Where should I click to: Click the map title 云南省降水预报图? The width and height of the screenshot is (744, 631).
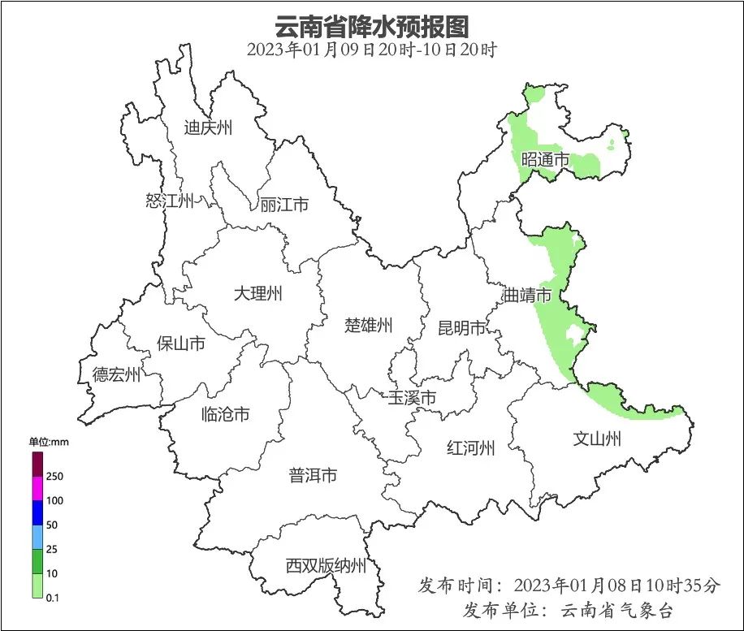pyautogui.click(x=372, y=26)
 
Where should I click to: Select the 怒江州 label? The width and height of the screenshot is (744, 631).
pyautogui.click(x=170, y=201)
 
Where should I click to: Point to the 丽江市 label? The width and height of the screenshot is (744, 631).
pyautogui.click(x=284, y=205)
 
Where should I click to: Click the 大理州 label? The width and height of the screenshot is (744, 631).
pyautogui.click(x=257, y=293)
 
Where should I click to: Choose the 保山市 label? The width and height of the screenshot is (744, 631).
pyautogui.click(x=180, y=344)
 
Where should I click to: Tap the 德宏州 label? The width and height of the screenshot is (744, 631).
pyautogui.click(x=116, y=374)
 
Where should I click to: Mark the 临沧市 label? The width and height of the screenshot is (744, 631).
pyautogui.click(x=225, y=415)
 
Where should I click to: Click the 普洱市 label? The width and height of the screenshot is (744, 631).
pyautogui.click(x=313, y=476)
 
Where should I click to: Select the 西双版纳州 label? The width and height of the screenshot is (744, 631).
pyautogui.click(x=326, y=566)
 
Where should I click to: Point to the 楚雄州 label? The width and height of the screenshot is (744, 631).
pyautogui.click(x=368, y=326)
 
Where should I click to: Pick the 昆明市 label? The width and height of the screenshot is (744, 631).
pyautogui.click(x=461, y=328)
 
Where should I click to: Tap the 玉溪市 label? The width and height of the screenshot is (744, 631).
pyautogui.click(x=412, y=398)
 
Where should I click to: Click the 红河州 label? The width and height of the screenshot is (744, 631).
pyautogui.click(x=471, y=447)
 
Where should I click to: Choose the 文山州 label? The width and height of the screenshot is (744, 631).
pyautogui.click(x=597, y=439)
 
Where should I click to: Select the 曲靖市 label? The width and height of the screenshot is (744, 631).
pyautogui.click(x=527, y=295)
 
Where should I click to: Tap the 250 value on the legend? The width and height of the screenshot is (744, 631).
pyautogui.click(x=55, y=476)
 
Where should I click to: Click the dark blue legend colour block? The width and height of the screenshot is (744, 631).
pyautogui.click(x=37, y=512)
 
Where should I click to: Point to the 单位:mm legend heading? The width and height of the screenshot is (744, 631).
pyautogui.click(x=50, y=442)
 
